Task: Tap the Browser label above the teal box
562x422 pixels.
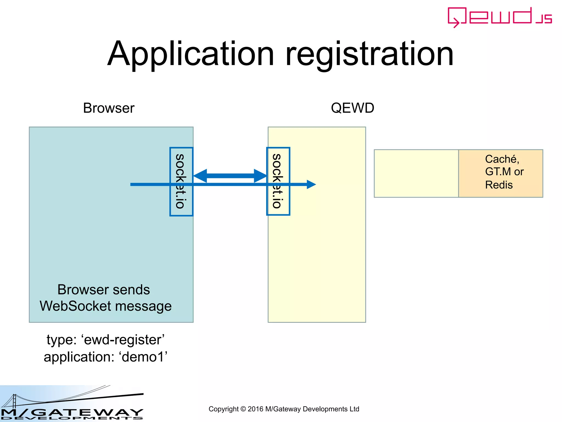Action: click(x=109, y=108)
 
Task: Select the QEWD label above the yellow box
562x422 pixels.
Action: click(x=352, y=108)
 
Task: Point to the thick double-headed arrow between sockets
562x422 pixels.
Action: click(x=230, y=176)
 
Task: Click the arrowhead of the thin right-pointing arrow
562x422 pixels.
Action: click(x=311, y=184)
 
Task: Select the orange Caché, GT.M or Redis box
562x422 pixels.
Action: click(x=501, y=173)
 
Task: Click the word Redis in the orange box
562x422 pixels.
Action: click(x=499, y=185)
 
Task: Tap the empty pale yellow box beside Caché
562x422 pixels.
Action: click(x=416, y=173)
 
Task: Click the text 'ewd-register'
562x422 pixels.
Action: click(x=123, y=340)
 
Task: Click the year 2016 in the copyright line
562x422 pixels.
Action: click(x=255, y=409)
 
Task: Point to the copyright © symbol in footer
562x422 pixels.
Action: click(x=243, y=409)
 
